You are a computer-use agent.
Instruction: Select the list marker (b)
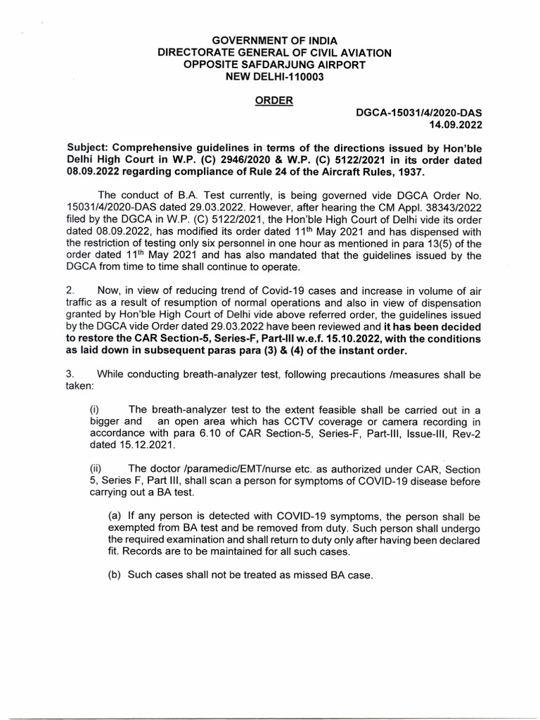(x=114, y=575)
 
